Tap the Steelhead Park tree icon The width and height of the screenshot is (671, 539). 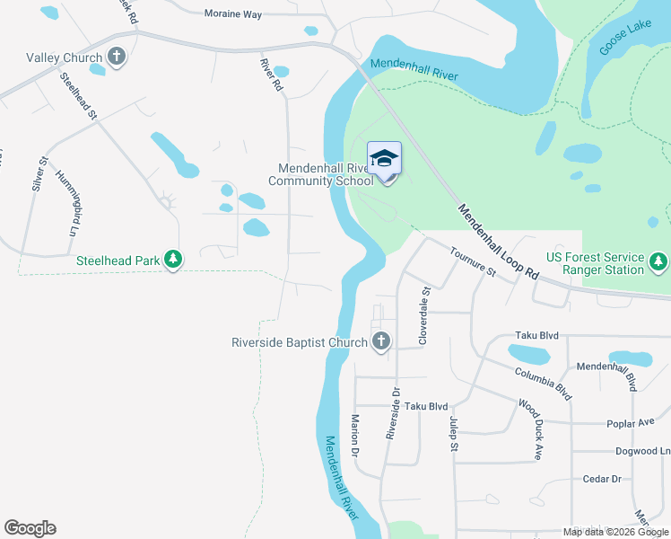[173, 261]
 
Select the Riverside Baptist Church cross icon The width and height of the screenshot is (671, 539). [381, 341]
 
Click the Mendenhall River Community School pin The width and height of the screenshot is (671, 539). [384, 161]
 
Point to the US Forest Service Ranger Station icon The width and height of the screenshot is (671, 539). [659, 262]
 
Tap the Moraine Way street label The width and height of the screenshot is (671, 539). [232, 15]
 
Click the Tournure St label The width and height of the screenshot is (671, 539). [473, 261]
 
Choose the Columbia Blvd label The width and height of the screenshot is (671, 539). [543, 383]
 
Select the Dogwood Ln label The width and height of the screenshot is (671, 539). [642, 451]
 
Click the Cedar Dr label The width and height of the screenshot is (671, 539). [602, 479]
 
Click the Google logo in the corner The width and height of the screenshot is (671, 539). [30, 528]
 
